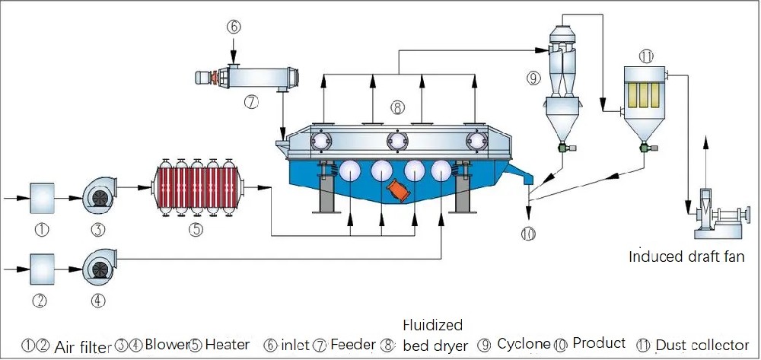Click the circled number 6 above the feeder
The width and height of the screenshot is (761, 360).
point(234,25)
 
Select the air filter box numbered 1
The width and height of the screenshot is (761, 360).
point(43,198)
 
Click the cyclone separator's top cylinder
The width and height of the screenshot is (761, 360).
point(565,32)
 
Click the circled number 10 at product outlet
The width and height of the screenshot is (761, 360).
point(529,234)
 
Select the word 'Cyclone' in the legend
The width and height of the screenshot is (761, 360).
point(524,344)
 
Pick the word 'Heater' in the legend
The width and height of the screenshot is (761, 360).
point(227,345)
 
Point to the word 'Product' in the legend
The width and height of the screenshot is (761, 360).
point(599,343)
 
